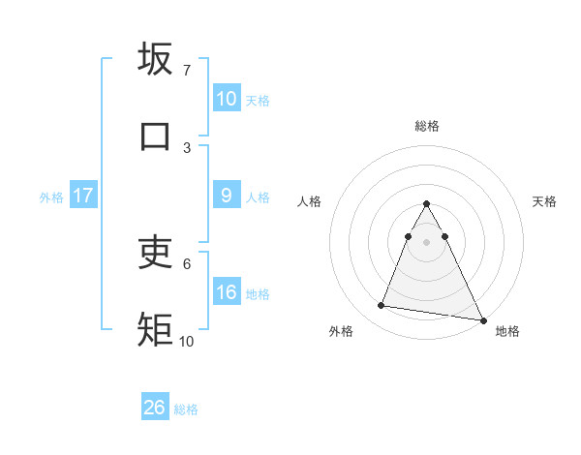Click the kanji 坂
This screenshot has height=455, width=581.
pos(156,60)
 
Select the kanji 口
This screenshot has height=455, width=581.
pos(156,136)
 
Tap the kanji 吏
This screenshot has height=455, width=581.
pos(156,253)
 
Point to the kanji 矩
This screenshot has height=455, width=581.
pos(156,329)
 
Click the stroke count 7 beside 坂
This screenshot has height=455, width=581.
pos(187,71)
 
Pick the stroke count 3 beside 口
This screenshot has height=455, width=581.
pos(187,147)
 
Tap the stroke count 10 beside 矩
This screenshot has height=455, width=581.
pos(187,341)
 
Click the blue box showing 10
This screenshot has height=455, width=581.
pos(226,99)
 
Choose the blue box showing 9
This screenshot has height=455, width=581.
pos(226,196)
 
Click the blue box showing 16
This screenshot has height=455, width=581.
pos(226,292)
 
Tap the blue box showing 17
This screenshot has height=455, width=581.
pos(82,196)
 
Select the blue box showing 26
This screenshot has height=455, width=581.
pos(154,408)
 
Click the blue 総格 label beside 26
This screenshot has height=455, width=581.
pos(186,409)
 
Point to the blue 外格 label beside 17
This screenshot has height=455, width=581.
pos(51,197)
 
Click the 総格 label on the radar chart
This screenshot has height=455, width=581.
pos(426,126)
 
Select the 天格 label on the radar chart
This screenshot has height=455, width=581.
pos(544,201)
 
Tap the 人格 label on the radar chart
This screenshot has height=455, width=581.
pos(309,201)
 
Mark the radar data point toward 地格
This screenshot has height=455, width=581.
pos(481,319)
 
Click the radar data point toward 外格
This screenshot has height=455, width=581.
pos(381,306)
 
